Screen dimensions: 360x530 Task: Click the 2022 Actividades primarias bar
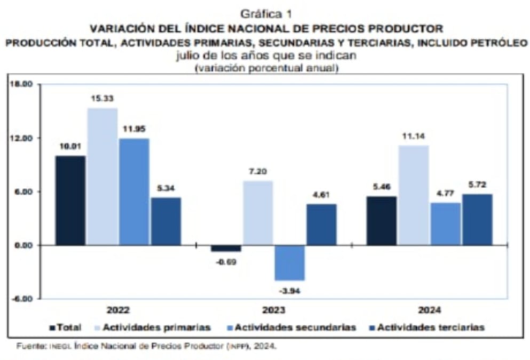[x=102, y=177]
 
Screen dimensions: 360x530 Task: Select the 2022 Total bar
[x=70, y=200]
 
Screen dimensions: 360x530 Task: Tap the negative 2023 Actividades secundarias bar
[x=289, y=262]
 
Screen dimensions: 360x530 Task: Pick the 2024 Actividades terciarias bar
[x=477, y=219]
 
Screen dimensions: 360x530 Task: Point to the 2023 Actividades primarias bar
[x=257, y=213]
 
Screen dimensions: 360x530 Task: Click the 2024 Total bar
[x=381, y=220]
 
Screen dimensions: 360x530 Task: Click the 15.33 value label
[x=102, y=98]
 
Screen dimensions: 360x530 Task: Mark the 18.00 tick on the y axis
[x=22, y=84]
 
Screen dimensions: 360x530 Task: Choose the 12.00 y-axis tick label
[x=22, y=138]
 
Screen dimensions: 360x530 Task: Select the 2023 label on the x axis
[x=273, y=310]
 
